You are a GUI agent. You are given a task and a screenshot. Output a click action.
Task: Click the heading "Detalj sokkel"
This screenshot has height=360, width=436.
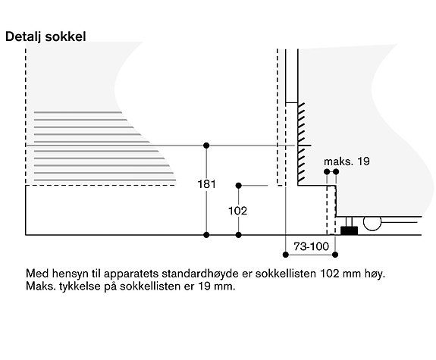45,37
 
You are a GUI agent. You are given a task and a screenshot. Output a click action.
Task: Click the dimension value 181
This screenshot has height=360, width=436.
206,184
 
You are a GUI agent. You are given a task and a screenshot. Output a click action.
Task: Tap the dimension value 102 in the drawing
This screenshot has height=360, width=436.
238,211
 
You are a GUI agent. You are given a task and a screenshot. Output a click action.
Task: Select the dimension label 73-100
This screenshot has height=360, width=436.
311,246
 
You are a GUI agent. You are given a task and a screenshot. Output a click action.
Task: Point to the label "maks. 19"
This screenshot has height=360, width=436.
347,161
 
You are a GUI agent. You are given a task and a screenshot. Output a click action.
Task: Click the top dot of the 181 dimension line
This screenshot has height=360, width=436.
206,146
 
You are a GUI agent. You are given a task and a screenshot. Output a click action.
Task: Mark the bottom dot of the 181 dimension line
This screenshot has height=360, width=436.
206,235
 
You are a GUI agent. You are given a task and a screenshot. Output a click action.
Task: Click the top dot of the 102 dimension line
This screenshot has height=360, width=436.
238,186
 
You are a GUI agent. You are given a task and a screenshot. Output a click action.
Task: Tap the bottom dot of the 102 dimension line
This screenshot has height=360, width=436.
238,235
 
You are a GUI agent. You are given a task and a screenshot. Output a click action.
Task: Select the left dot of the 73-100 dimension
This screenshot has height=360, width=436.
286,255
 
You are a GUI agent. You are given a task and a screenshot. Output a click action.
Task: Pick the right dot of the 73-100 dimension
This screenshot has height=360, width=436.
335,255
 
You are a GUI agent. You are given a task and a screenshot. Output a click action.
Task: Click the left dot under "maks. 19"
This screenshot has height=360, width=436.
327,172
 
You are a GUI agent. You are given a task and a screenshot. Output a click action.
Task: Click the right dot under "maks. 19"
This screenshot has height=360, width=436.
336,172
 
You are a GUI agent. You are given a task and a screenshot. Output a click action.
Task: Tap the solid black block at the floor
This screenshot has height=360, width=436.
350,230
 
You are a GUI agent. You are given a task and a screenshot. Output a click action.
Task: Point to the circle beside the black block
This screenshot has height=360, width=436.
372,222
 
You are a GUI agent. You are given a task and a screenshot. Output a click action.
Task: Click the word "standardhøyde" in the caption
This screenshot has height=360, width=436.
200,274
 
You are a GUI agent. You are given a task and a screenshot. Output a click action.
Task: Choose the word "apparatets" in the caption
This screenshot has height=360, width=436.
131,274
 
